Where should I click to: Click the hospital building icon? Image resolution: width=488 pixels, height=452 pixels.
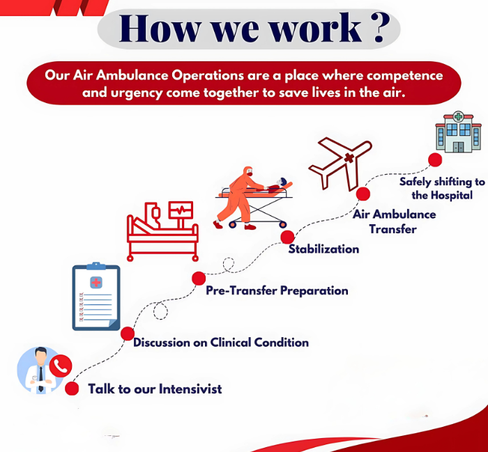click(x=458, y=132)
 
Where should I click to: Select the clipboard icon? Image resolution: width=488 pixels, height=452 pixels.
click(x=96, y=296)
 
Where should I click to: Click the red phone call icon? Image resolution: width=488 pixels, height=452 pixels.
click(x=61, y=366)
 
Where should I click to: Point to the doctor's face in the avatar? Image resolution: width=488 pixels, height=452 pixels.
click(x=40, y=357)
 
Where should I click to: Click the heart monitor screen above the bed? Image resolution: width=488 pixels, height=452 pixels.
click(x=181, y=210)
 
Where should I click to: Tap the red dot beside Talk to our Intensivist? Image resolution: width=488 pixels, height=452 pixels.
click(x=72, y=389)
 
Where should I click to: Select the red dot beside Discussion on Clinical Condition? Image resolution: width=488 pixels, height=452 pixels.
click(x=128, y=334)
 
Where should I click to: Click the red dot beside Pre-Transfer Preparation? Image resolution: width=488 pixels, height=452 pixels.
click(x=199, y=278)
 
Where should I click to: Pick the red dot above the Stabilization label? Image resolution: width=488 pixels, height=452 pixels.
click(x=287, y=237)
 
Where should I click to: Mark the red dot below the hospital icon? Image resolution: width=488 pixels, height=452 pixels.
click(x=435, y=159)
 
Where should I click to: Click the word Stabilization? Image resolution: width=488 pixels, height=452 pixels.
click(x=323, y=249)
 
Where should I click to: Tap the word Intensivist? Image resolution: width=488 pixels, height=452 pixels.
click(x=190, y=389)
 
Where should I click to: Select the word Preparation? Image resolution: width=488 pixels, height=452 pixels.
click(x=314, y=290)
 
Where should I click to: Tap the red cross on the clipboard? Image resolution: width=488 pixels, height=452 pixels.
click(x=96, y=283)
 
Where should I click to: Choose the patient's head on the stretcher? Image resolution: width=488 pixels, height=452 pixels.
click(x=282, y=182)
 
